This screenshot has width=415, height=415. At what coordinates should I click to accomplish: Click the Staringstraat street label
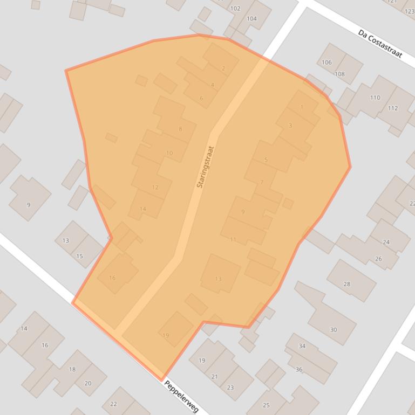pos(206,167)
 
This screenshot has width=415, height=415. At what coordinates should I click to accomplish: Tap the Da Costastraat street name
pos(380,43)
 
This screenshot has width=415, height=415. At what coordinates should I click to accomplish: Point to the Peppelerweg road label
pos(181,397)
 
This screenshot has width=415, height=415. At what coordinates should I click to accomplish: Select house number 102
pos(235,9)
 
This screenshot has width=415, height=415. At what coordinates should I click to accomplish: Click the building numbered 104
pos(251,18)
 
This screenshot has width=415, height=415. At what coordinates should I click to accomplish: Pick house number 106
pos(326,63)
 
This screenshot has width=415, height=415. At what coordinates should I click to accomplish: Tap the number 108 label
pos(339,74)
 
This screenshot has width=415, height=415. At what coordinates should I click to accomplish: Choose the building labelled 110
pos(375,98)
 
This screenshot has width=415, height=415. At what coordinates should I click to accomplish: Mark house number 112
pos(392,108)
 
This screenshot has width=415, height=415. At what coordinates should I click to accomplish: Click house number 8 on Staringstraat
pos(180,129)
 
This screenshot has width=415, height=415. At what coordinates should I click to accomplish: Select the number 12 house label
pos(155,188)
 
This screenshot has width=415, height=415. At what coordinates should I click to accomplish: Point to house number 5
pos(266,160)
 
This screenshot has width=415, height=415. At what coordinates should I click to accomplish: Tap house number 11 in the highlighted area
pos(233,239)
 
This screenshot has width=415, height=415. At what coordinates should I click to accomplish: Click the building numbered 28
pos(346,284)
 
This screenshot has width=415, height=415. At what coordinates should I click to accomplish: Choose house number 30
pos(333,330)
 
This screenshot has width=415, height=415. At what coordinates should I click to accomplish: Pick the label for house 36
pos(299,369)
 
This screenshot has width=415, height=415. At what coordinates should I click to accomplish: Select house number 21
pos(214,377)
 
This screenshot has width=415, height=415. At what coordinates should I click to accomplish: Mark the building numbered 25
pos(266,405)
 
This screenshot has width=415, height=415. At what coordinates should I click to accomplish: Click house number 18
pos(72,369)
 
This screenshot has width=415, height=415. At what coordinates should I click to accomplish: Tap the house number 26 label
pos(378,259)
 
